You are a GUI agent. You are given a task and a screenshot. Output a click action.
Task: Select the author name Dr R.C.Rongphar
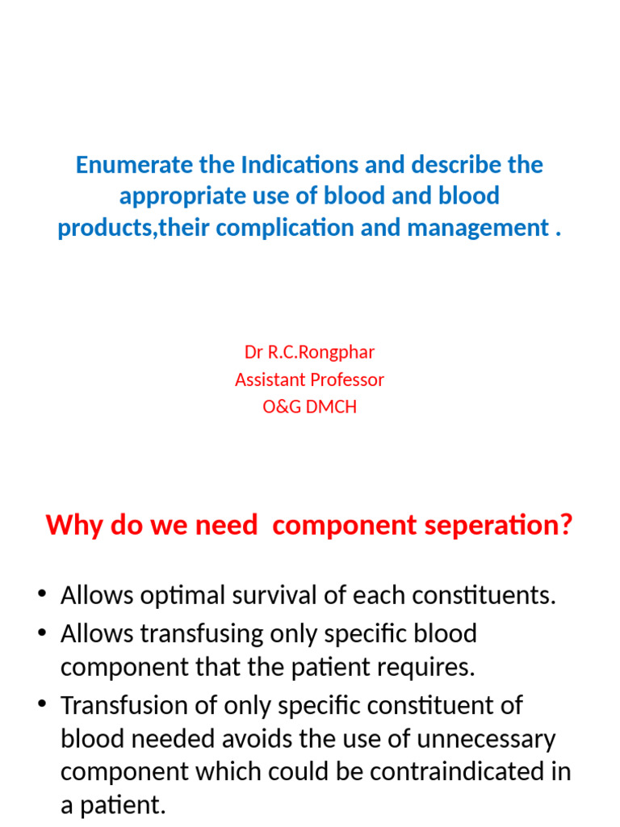coord(309,352)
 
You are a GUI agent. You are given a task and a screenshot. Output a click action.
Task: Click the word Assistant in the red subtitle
coord(270,380)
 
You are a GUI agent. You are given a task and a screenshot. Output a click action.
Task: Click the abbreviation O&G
coord(281,407)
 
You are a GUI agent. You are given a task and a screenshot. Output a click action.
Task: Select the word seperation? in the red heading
coord(508,526)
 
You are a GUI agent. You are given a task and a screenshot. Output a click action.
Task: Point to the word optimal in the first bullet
coord(179,596)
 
